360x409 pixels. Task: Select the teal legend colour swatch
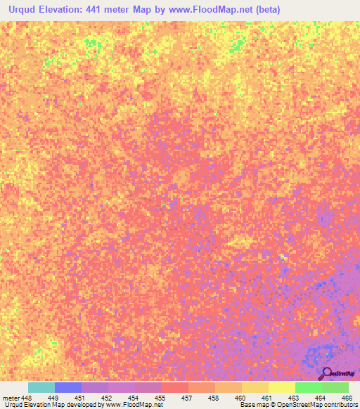click(41, 387)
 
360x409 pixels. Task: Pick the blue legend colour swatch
click(67, 387)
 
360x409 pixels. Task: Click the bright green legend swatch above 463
click(308, 387)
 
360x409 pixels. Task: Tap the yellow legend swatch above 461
click(281, 387)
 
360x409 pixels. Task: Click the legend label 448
click(27, 397)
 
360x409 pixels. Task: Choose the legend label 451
click(82, 397)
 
